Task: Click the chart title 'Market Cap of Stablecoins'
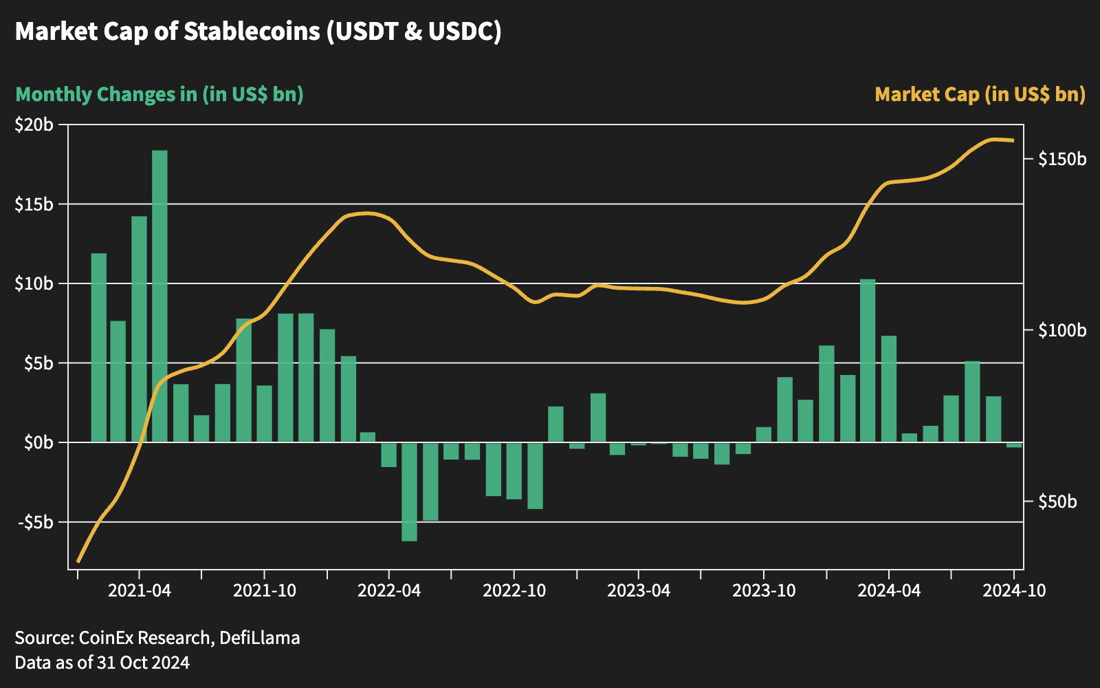258,32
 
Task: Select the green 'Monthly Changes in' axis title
159,94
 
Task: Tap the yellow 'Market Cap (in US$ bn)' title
980,94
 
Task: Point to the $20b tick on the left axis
34,125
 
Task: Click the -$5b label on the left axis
34,522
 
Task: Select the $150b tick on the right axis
1062,160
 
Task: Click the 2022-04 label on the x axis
389,590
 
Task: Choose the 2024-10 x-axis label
1014,590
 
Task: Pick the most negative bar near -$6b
410,491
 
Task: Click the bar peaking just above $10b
868,361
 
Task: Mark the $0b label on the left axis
38,442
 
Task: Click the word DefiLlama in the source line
260,638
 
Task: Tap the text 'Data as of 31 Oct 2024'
102,663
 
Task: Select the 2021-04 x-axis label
140,590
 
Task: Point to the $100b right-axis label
1062,331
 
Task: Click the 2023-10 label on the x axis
764,590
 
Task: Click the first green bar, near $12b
99,347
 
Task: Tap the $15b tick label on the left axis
34,204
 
